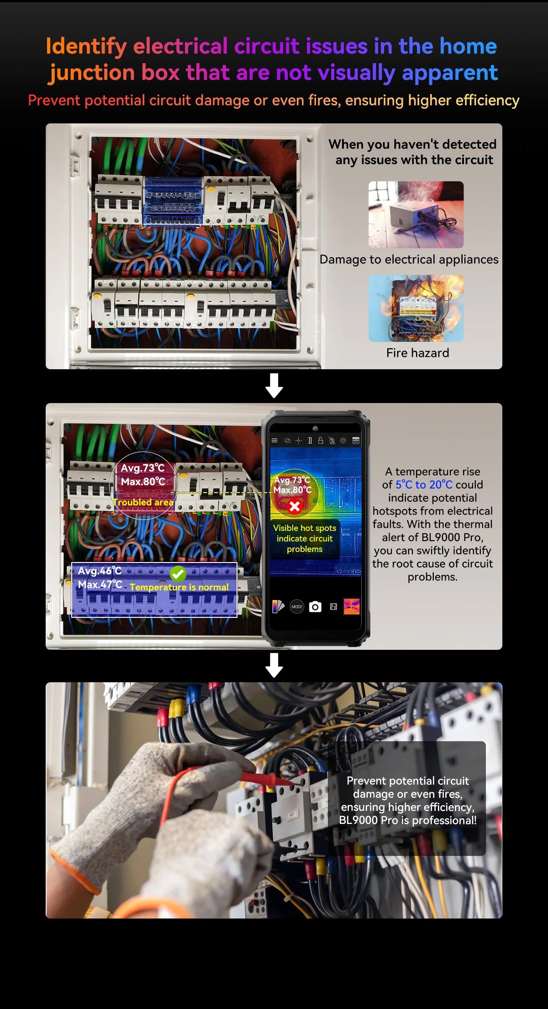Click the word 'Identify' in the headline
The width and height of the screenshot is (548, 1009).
tap(86, 47)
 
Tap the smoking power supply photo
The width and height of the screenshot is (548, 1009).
tap(416, 214)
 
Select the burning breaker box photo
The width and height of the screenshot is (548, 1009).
tap(416, 308)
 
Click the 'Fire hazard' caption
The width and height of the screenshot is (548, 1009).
tap(417, 353)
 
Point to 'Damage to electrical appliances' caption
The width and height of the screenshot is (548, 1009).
tap(409, 260)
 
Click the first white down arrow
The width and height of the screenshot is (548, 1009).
tap(274, 386)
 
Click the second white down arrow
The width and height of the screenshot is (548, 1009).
tap(274, 665)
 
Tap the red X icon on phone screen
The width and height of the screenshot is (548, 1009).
tap(295, 506)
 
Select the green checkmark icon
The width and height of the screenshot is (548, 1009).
tap(178, 574)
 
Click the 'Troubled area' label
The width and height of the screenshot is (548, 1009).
tap(143, 502)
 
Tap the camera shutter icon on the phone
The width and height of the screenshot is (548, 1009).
tap(315, 607)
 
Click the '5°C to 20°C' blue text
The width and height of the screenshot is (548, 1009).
tap(424, 485)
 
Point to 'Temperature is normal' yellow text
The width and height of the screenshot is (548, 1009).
tap(179, 587)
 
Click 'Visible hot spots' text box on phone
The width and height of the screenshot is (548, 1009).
tap(305, 538)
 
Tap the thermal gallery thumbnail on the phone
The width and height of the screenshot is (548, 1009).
tap(351, 607)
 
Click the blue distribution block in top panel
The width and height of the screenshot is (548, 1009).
tap(173, 201)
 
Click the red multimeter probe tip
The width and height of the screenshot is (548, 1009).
tap(279, 781)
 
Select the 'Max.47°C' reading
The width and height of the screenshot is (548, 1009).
tap(100, 584)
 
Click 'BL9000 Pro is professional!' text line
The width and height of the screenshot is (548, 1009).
tap(407, 820)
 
